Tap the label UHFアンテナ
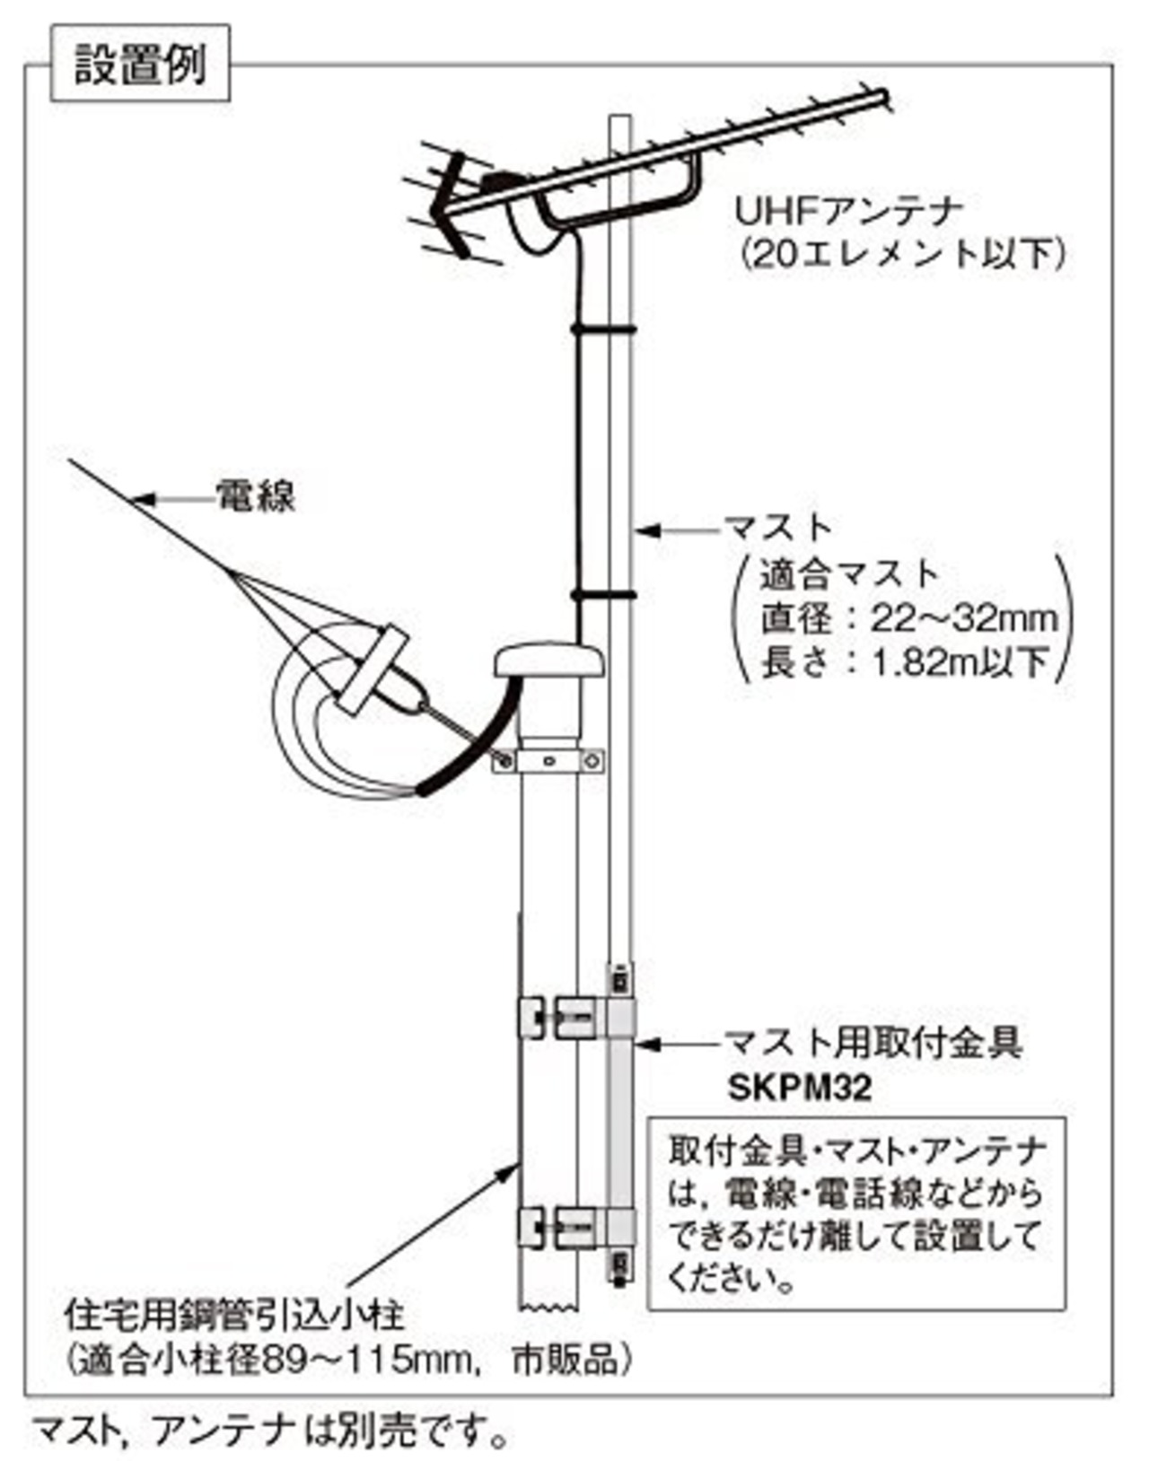(x=849, y=212)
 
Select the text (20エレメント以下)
(x=903, y=256)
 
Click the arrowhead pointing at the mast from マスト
(x=646, y=530)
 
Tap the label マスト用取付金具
(x=873, y=1043)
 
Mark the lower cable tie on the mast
(x=603, y=594)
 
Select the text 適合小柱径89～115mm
(x=278, y=1360)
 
